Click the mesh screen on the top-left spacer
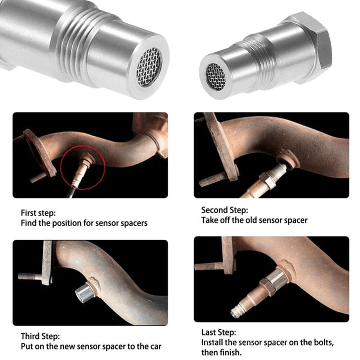pyautogui.click(x=149, y=65)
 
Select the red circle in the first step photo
pyautogui.click(x=82, y=168)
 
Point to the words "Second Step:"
pyautogui.click(x=224, y=210)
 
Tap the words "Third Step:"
pyautogui.click(x=40, y=336)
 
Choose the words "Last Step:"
pyautogui.click(x=219, y=332)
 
